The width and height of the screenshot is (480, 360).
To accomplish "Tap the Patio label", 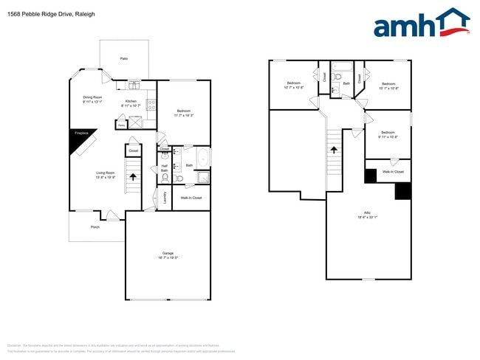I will (124, 58).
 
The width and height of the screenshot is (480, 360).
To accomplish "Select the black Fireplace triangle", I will (78, 140).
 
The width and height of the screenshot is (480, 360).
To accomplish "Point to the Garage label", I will (168, 253).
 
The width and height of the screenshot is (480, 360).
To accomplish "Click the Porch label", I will (95, 227).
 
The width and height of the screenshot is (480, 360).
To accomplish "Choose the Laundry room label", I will (165, 197).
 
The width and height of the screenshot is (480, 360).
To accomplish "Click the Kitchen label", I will (131, 101).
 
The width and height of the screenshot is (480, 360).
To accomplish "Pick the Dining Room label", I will (92, 97).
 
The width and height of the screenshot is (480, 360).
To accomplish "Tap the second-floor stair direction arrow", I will (334, 150).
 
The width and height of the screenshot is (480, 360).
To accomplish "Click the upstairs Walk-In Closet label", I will (392, 171).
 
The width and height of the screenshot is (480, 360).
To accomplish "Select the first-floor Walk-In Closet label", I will (191, 198).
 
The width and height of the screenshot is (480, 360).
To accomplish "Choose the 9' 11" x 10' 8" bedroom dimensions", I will (388, 137).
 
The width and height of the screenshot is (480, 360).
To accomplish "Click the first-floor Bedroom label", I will (184, 111).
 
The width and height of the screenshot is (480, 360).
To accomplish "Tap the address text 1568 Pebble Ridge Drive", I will (41, 14).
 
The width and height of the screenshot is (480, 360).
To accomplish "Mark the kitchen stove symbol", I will (151, 105).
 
